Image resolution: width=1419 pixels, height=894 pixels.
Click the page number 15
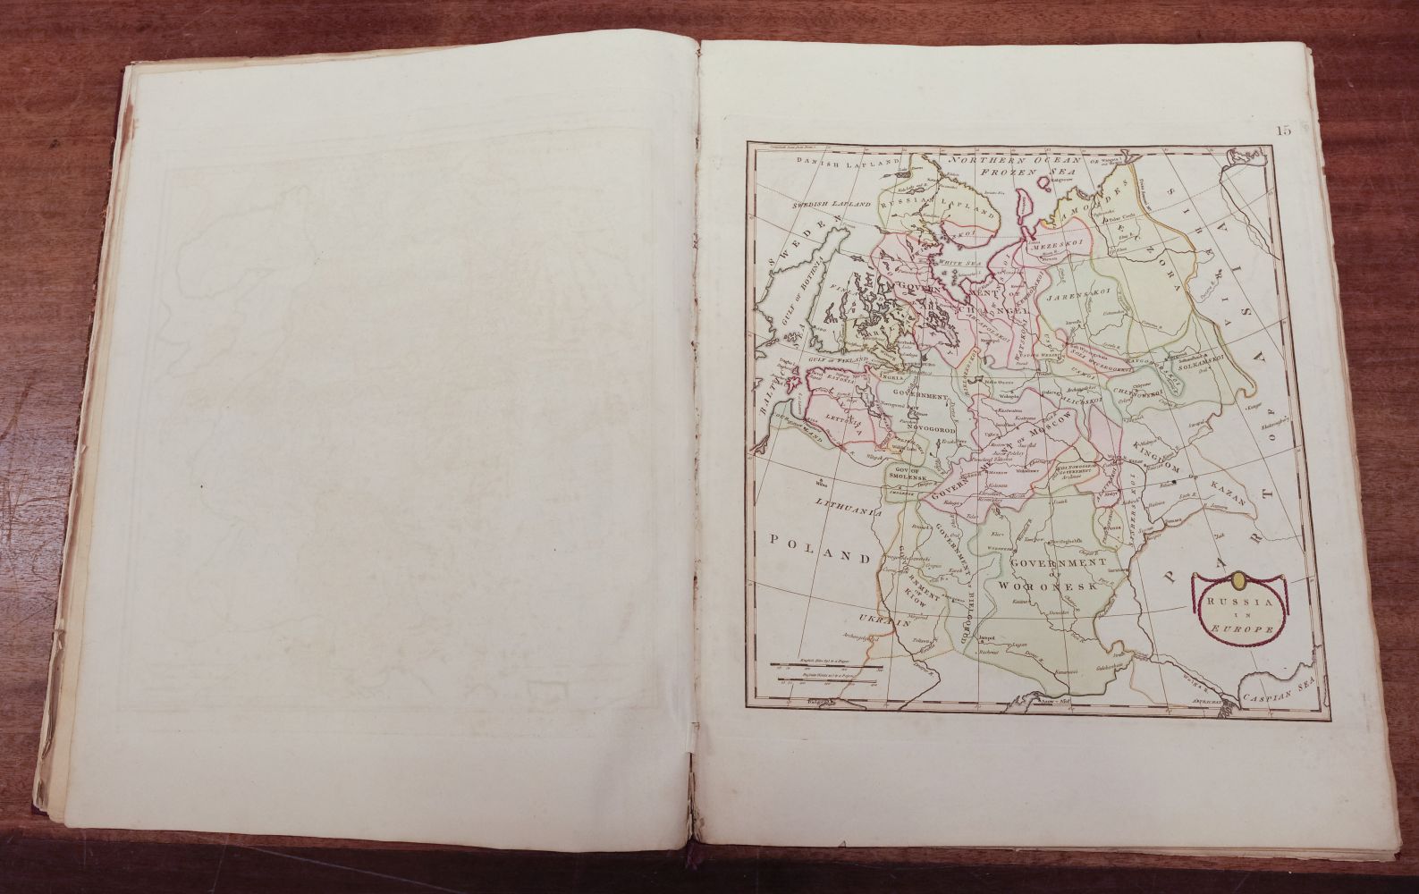click(x=1283, y=131)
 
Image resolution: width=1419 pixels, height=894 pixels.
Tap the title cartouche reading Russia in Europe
click(x=1238, y=615)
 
